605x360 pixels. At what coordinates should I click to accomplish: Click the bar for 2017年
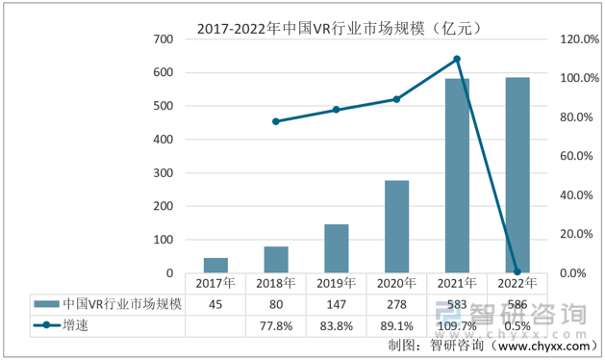(215, 266)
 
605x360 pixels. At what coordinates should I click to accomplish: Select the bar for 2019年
(337, 248)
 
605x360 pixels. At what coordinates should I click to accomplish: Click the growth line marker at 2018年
(276, 121)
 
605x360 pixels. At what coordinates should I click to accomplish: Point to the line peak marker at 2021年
(457, 59)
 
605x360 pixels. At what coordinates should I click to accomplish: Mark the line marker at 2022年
(517, 272)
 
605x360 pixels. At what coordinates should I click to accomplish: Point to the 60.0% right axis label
(575, 156)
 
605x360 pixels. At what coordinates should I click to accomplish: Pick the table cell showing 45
(215, 304)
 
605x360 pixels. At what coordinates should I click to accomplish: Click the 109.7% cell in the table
(457, 325)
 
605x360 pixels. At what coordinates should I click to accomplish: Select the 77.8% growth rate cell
(276, 325)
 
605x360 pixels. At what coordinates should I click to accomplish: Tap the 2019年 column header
(337, 283)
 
